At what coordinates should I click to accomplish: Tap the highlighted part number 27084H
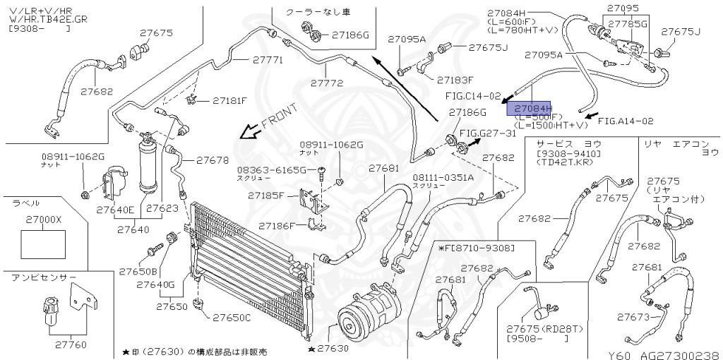pos(533,107)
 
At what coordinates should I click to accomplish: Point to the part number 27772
pos(326,83)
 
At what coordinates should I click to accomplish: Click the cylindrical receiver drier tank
pos(150,162)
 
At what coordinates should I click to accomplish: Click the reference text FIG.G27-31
pos(488,133)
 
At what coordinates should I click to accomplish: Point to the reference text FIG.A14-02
pos(626,121)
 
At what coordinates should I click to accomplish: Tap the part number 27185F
pos(271,195)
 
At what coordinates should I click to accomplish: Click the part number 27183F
pos(455,80)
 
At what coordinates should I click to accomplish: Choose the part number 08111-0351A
pos(443,177)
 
